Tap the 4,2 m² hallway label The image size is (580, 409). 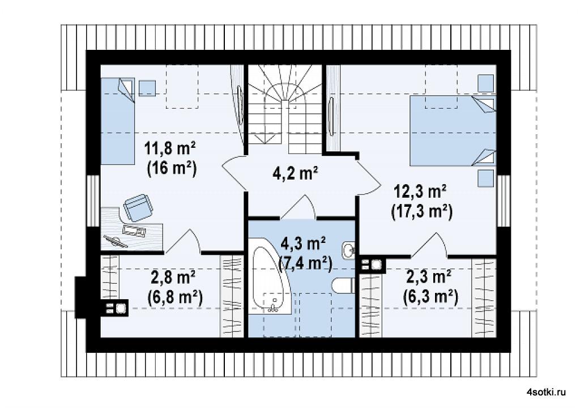coord(295,173)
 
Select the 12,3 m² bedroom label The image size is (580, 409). coord(421,193)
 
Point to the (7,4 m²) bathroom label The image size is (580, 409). coord(305,264)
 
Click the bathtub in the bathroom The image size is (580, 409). coord(271,281)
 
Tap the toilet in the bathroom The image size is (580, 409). coord(343,286)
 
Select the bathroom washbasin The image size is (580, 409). coord(348,250)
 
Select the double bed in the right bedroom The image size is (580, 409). coord(453,130)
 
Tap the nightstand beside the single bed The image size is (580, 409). coord(148,87)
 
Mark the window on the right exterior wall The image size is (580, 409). coord(504,201)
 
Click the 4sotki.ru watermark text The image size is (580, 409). coord(546,393)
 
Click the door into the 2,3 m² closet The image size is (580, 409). coord(429,245)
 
